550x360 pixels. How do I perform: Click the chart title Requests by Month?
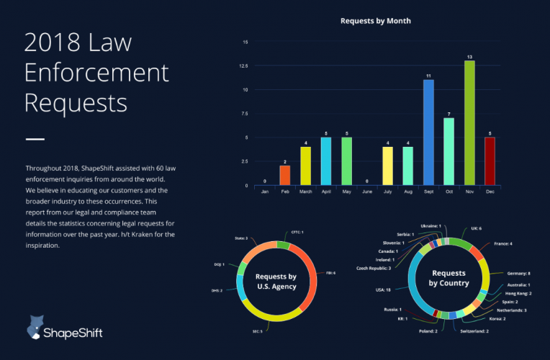click(x=376, y=21)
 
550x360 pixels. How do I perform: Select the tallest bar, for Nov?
click(x=469, y=123)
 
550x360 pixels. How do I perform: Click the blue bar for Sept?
click(x=428, y=132)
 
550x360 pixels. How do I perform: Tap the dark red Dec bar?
click(x=490, y=161)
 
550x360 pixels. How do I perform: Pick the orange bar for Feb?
click(x=285, y=176)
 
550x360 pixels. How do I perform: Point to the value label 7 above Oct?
click(x=449, y=114)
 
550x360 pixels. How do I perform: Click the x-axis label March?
click(x=305, y=192)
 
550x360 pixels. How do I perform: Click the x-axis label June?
click(x=367, y=192)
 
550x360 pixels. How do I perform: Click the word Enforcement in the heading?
click(x=96, y=73)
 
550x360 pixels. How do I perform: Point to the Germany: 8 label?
click(x=518, y=274)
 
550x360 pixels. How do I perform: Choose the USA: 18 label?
click(x=382, y=290)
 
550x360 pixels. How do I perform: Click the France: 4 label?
click(x=502, y=244)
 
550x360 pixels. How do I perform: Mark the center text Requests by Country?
click(x=449, y=278)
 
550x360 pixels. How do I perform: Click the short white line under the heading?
click(x=35, y=139)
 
